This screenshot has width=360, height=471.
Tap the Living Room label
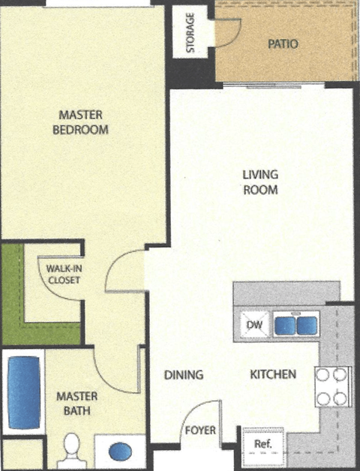pos(260,182)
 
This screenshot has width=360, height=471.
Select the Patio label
pos(283,44)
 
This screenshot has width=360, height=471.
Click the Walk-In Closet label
pos(64,274)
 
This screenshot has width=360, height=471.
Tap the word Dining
pos(184,374)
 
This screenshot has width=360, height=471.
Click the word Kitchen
pos(273,374)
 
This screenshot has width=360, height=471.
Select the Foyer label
pos(201,431)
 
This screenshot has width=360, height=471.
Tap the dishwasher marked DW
pos(253,325)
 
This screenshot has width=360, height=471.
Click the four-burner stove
pos(333,386)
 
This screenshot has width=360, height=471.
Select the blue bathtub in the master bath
pos(23,391)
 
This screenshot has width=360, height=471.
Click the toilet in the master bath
pos(72,448)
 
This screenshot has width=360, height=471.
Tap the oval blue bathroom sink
pos(119,452)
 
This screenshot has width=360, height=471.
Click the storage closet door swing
pos(227,32)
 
